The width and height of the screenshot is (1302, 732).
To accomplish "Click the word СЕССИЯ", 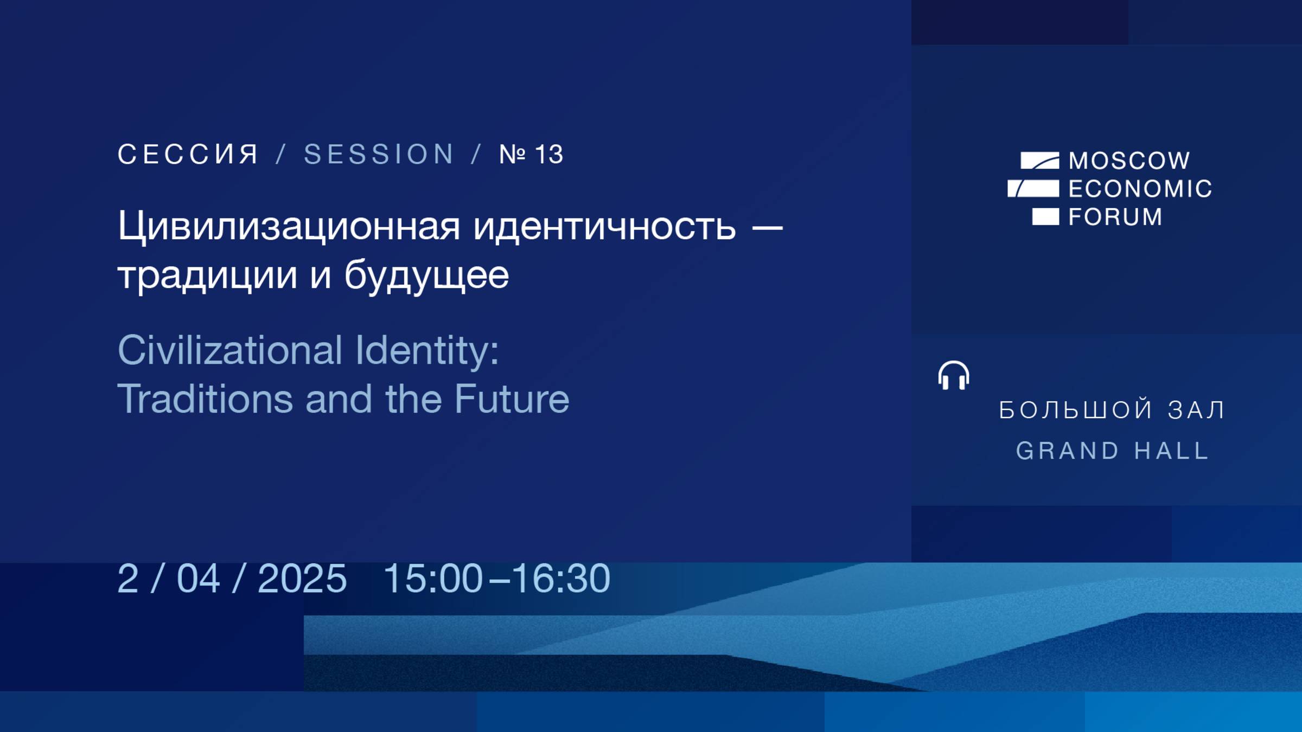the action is coord(188,155).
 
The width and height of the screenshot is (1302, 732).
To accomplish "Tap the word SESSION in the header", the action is coord(379,155).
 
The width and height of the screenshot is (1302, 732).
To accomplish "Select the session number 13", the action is coord(549,155).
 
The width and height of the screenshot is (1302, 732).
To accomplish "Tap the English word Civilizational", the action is coord(230,350).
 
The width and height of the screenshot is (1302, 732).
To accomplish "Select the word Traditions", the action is coord(205,399).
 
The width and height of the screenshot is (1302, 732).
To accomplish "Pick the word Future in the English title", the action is coord(512,399).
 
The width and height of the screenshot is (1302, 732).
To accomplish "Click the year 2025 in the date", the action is coord(302,579).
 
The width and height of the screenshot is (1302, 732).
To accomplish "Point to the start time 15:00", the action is coord(433,579).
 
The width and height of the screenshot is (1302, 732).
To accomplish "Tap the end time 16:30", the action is coord(561,579).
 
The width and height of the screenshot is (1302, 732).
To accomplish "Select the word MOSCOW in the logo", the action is coord(1129,160).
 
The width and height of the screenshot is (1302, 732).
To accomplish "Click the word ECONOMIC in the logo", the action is coord(1140,189).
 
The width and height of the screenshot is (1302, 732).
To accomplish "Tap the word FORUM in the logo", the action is coord(1115,217).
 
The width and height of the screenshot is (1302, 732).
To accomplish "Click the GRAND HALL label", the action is coord(1112,451).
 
